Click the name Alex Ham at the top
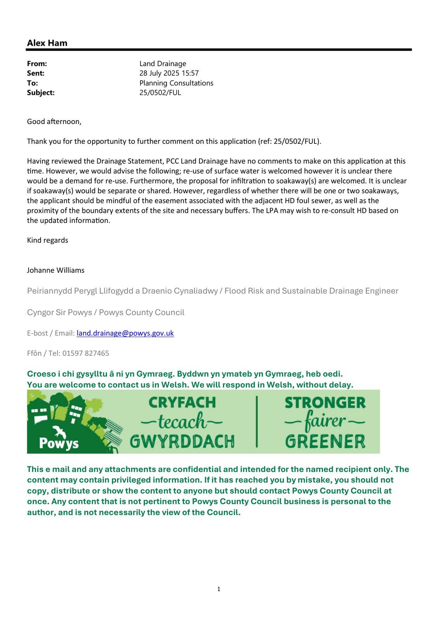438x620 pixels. (47, 43)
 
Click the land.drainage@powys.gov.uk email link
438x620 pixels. (125, 333)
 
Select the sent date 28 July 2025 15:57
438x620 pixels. (169, 73)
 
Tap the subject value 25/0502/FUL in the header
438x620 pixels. (160, 93)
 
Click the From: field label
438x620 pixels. (37, 64)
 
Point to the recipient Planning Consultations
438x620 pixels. (176, 83)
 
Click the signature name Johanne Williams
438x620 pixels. (55, 270)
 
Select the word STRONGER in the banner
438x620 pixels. (325, 403)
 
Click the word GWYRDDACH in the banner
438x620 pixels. (182, 441)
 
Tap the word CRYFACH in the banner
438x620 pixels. (182, 403)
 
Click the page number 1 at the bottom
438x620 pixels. (219, 589)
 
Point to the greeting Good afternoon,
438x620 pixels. (54, 122)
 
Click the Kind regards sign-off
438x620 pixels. (47, 240)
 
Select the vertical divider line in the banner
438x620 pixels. (256, 422)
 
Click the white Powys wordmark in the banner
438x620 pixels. (59, 443)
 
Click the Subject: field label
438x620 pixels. (41, 93)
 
